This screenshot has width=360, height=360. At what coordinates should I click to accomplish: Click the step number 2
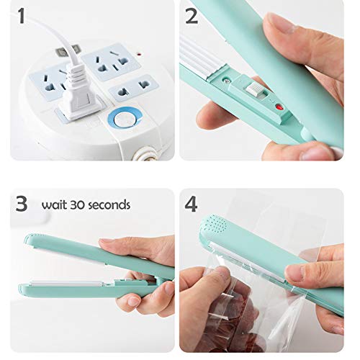(x=192, y=17)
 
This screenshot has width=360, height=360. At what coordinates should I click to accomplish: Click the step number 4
(x=192, y=204)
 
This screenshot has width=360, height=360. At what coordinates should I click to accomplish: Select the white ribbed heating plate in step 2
(x=209, y=66)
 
